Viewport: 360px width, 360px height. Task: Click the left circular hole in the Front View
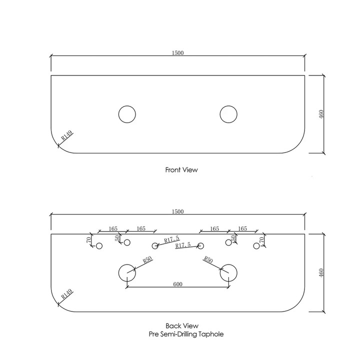pyautogui.click(x=127, y=114)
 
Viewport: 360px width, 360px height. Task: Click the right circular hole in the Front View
pyautogui.click(x=228, y=114)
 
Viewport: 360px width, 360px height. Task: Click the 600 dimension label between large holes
pyautogui.click(x=177, y=284)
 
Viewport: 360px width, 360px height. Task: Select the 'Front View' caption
pyautogui.click(x=181, y=170)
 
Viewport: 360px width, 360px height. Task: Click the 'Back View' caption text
pyautogui.click(x=182, y=325)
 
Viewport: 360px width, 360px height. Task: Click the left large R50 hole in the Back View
pyautogui.click(x=127, y=272)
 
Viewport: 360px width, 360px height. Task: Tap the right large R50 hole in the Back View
pyautogui.click(x=228, y=272)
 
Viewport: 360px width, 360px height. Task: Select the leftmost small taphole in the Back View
pyautogui.click(x=99, y=245)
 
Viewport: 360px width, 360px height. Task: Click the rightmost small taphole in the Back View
pyautogui.click(x=256, y=245)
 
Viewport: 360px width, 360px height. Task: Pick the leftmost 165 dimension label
pyautogui.click(x=112, y=228)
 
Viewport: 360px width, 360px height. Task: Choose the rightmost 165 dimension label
pyautogui.click(x=242, y=228)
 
